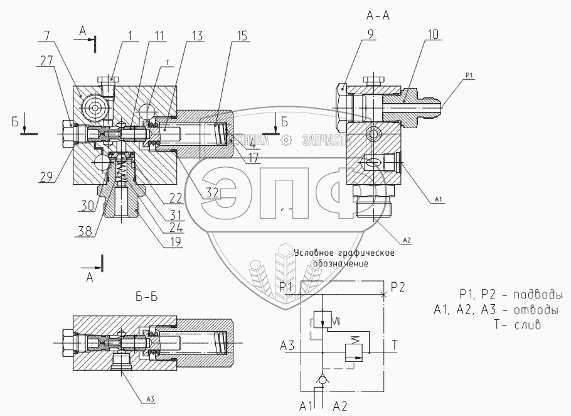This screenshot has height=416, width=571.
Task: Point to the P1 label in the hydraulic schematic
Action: point(287,287)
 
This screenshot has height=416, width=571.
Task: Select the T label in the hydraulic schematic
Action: point(394,344)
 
